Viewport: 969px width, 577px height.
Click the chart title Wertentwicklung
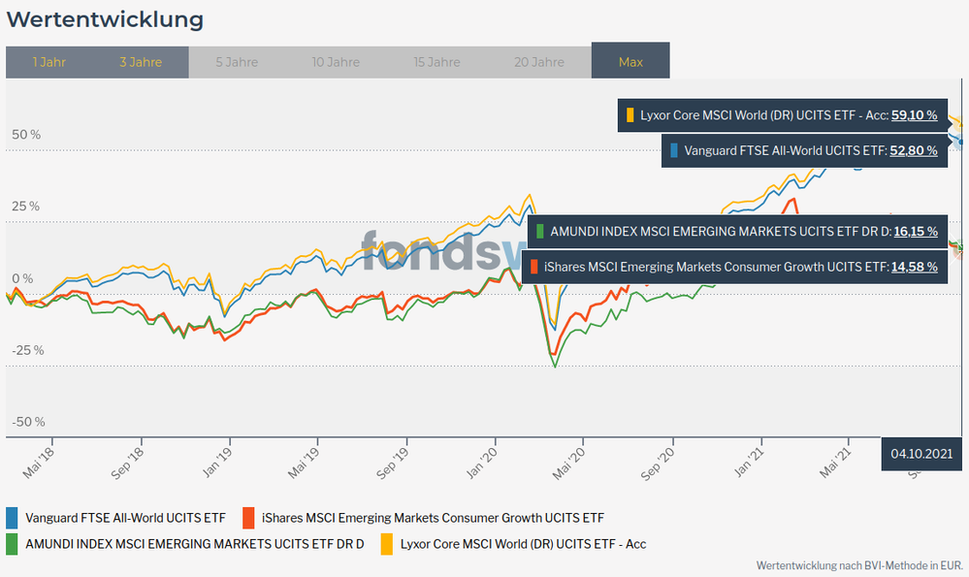click(x=105, y=19)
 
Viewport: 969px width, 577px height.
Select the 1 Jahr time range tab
click(x=48, y=62)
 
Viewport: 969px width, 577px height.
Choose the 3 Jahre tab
click(x=141, y=62)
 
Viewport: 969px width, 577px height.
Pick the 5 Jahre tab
click(x=237, y=62)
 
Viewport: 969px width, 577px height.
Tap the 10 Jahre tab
click(x=336, y=62)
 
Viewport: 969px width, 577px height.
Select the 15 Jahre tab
click(x=436, y=62)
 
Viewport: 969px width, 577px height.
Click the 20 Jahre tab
click(x=539, y=62)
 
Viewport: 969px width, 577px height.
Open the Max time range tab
click(x=630, y=62)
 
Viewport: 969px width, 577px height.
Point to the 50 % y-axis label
click(x=26, y=135)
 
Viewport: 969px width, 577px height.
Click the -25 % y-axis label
click(x=27, y=350)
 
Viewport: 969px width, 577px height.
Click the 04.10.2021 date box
click(x=921, y=453)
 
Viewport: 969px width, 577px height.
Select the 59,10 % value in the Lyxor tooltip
click(x=914, y=115)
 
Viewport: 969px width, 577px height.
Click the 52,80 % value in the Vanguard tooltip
click(x=914, y=150)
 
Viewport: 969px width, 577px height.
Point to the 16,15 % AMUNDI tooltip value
click(x=914, y=232)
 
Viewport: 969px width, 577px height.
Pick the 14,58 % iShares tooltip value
click(x=914, y=266)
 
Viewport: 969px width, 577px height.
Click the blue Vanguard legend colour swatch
click(x=12, y=518)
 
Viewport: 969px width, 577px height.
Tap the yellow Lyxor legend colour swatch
click(x=387, y=544)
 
